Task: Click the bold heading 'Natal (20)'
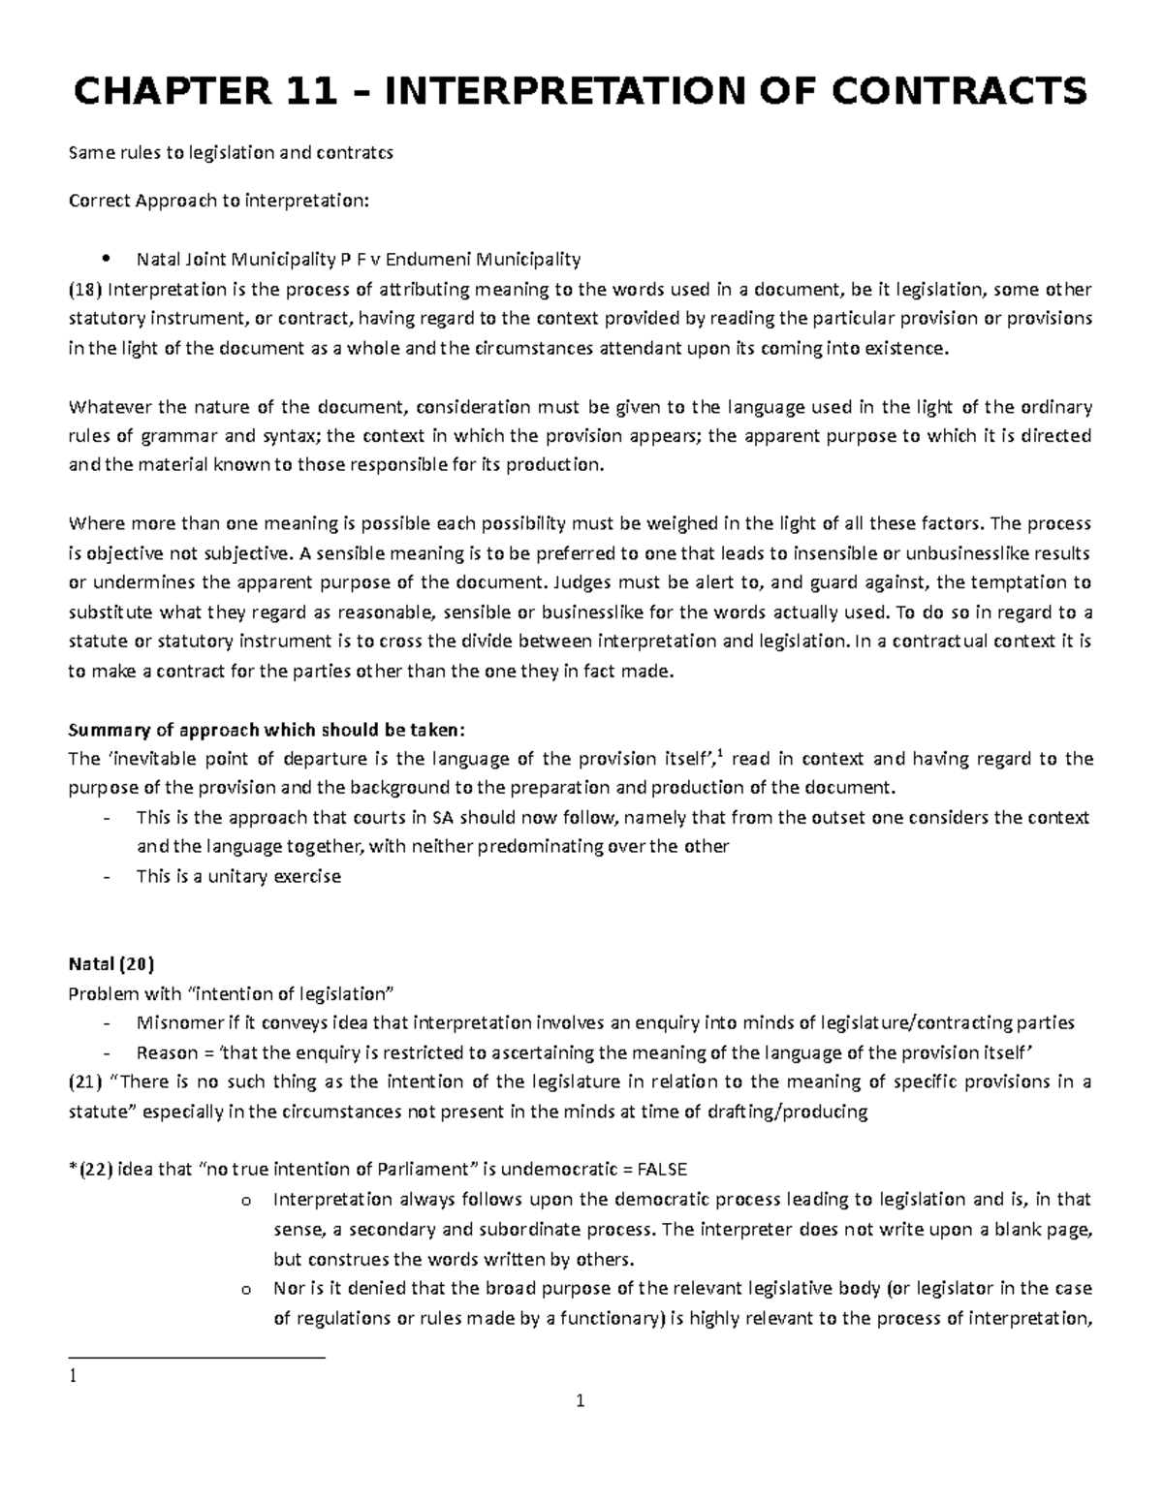pos(110,964)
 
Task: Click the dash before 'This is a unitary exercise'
pos(106,877)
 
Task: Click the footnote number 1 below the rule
pos(72,1375)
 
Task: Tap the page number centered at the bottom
pos(581,1401)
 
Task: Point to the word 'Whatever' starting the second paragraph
pos(103,406)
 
